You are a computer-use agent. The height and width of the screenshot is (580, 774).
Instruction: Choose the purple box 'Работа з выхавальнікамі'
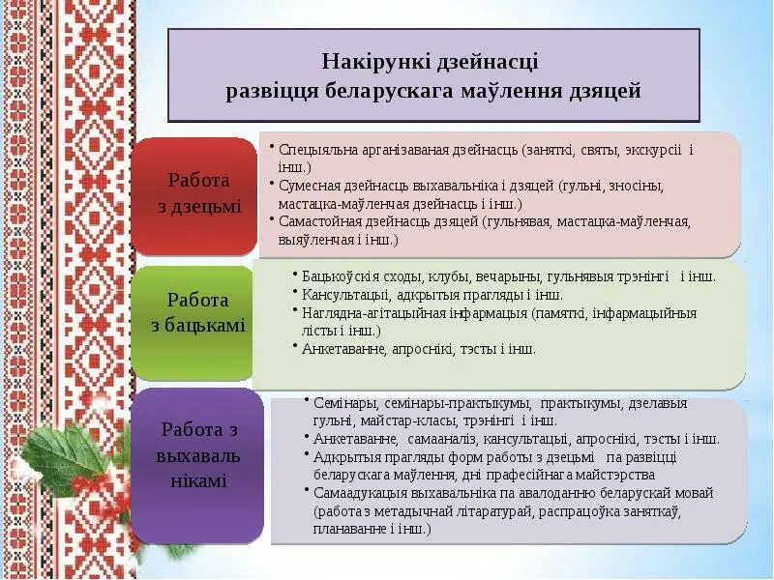coord(199,454)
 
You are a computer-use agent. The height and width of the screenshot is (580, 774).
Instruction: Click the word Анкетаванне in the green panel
coord(342,349)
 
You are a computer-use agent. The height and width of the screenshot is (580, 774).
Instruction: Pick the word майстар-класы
coord(405,420)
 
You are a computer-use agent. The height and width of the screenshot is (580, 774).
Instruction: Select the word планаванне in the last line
coord(350,529)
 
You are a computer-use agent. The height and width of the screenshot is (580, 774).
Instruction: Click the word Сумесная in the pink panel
coord(309,186)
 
